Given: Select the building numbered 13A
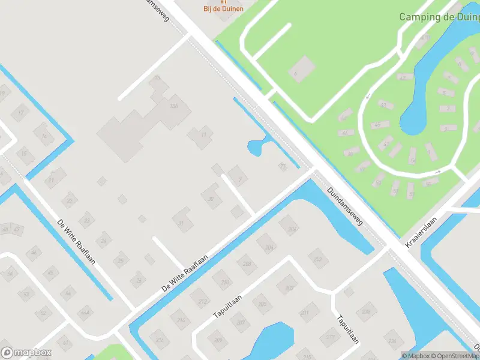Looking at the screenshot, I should (175, 106).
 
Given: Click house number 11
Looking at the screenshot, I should (203, 134).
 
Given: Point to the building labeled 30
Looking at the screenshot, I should (211, 199).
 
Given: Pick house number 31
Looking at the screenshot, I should (181, 223).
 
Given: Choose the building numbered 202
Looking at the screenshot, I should (317, 259).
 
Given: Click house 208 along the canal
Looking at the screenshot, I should (247, 264).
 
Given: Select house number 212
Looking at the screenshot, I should (203, 301).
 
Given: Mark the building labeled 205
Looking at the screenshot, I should (262, 305).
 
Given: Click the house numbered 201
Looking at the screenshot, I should (304, 313).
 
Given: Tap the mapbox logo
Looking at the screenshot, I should (26, 353).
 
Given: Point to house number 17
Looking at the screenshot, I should (22, 112).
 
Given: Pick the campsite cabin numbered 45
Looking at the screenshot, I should (376, 125).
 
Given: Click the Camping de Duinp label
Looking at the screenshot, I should (439, 17).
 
